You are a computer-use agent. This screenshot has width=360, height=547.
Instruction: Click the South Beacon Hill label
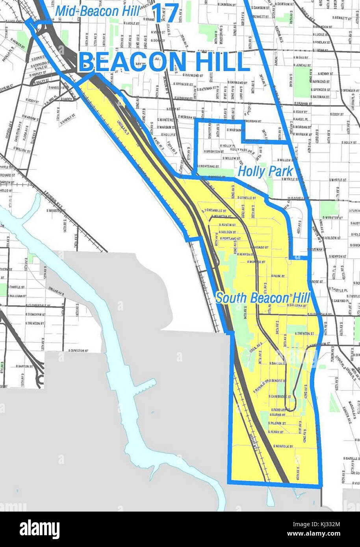click(263, 298)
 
